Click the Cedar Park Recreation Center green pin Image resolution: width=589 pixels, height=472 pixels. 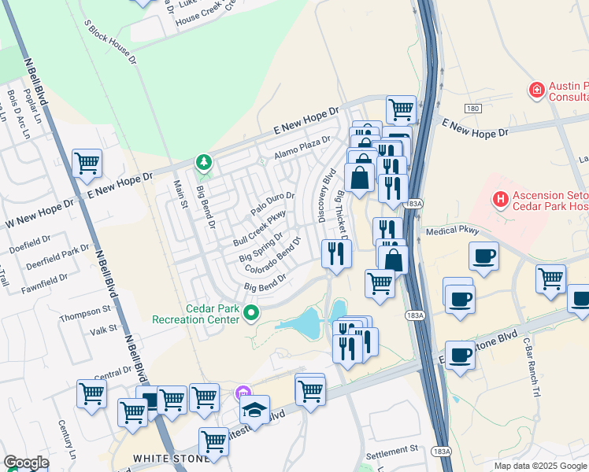251,313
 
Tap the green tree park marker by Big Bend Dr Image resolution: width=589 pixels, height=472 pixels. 204,162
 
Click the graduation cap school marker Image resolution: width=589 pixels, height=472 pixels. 254,409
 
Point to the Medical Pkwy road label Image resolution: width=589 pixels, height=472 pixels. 452,231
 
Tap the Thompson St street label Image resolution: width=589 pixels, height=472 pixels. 85,310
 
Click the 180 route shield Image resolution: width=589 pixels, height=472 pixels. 472,107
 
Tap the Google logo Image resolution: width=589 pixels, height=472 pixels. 26,463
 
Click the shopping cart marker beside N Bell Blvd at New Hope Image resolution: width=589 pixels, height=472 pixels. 87,163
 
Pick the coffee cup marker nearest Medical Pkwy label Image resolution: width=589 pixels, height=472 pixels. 483,256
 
